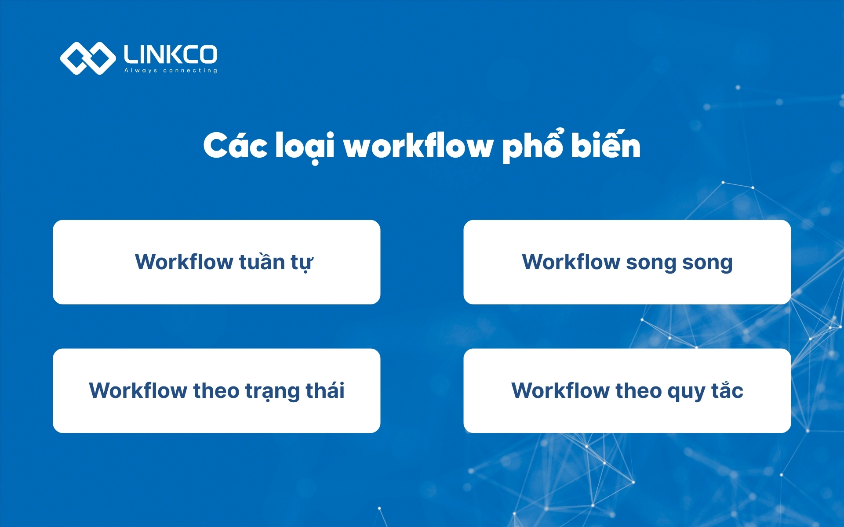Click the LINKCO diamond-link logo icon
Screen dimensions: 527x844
click(88, 58)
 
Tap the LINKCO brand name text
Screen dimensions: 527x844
click(171, 54)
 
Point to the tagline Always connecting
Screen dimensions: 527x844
click(171, 70)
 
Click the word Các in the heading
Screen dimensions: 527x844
click(235, 146)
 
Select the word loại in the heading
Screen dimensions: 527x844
click(305, 147)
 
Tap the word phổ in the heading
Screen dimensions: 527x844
click(532, 146)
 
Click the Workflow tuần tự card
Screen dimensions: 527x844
click(216, 262)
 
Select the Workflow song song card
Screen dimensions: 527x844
click(627, 262)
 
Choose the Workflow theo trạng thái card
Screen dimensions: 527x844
click(216, 390)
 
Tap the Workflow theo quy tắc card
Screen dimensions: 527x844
click(627, 390)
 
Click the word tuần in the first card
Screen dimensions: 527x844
click(262, 262)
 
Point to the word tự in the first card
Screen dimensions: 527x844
click(302, 263)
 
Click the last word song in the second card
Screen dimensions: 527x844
click(707, 263)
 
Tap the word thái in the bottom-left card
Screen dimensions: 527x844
click(325, 390)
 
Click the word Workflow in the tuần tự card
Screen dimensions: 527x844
click(184, 262)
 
